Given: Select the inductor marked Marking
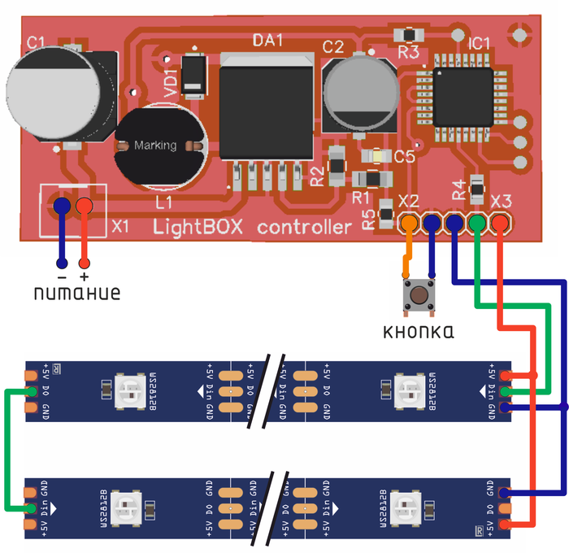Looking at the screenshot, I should tap(156, 146).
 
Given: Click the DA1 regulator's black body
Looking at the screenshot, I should tap(267, 110).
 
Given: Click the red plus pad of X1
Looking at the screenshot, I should tap(84, 207).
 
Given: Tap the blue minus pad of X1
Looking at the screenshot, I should tap(62, 207).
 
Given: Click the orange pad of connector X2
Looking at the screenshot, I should tap(409, 221).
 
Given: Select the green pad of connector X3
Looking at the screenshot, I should tap(478, 221).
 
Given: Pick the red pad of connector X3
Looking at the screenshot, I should tap(501, 221).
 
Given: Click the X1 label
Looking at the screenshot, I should tap(120, 224).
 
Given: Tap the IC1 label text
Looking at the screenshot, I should tap(480, 42).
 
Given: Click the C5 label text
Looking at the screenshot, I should tap(404, 157).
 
